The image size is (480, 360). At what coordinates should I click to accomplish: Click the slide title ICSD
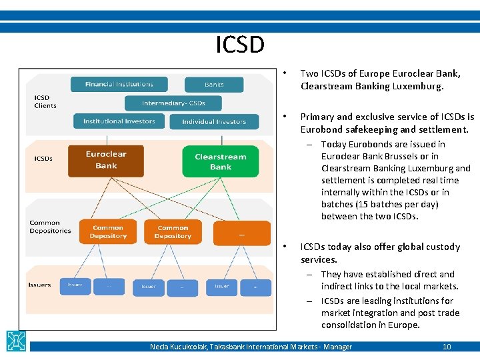pyautogui.click(x=240, y=45)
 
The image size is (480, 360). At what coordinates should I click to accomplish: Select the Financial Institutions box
pyautogui.click(x=119, y=85)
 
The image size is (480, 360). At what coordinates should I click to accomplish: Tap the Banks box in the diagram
pyautogui.click(x=214, y=85)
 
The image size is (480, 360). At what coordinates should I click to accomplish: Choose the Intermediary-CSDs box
pyautogui.click(x=173, y=103)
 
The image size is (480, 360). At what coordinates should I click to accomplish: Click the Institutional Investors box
pyautogui.click(x=119, y=121)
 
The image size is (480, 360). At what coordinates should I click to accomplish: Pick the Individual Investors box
pyautogui.click(x=213, y=122)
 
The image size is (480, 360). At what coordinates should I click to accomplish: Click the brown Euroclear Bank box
pyautogui.click(x=105, y=160)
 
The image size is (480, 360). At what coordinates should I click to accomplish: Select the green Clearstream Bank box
pyautogui.click(x=221, y=162)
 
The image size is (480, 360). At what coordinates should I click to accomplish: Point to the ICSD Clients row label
pyautogui.click(x=45, y=101)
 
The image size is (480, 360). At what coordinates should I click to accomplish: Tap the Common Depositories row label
pyautogui.click(x=50, y=227)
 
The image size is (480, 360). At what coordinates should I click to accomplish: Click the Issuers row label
pyautogui.click(x=39, y=285)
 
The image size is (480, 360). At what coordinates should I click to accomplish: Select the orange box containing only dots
pyautogui.click(x=241, y=233)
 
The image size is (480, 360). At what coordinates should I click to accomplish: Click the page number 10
pyautogui.click(x=447, y=347)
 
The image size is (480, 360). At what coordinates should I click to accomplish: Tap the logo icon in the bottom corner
pyautogui.click(x=16, y=341)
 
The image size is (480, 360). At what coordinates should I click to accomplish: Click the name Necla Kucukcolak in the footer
pyautogui.click(x=178, y=347)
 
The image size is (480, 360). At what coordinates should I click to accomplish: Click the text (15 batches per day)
pyautogui.click(x=379, y=204)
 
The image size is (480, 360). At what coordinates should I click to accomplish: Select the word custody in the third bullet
pyautogui.click(x=443, y=247)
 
